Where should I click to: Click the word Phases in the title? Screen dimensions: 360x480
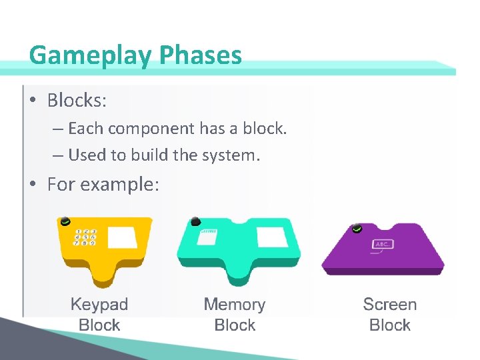click(x=200, y=55)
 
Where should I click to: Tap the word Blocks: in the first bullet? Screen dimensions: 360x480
click(x=77, y=101)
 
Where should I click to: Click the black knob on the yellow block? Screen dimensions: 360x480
click(x=65, y=222)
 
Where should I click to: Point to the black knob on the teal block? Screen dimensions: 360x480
click(x=195, y=221)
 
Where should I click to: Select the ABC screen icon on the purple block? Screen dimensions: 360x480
click(x=382, y=245)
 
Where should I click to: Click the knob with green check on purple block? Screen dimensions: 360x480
click(x=358, y=229)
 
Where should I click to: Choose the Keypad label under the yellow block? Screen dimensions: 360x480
click(x=99, y=305)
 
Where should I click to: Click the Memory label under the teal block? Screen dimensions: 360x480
click(x=234, y=305)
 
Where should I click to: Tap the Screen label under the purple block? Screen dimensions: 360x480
click(x=389, y=305)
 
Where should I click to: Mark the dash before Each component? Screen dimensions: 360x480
click(x=57, y=129)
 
